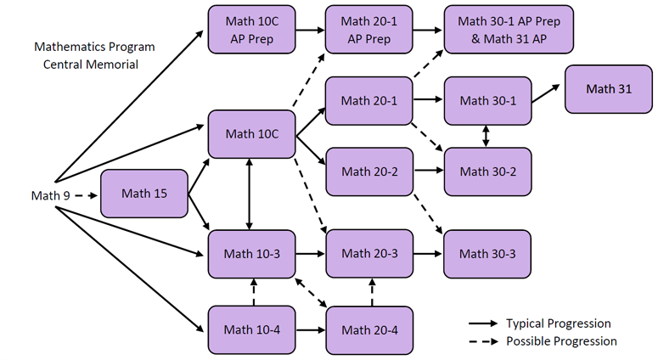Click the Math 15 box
tap(143, 194)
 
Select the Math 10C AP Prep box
tap(251, 30)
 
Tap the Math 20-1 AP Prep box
tap(368, 30)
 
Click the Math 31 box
tap(608, 88)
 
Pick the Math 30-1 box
tap(486, 101)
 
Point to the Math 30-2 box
tap(486, 172)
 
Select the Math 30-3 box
tap(486, 253)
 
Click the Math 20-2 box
tap(368, 172)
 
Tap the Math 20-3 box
tap(368, 253)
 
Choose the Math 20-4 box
tap(368, 329)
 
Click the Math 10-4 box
tap(251, 329)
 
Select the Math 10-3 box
tap(251, 253)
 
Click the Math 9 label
tap(50, 196)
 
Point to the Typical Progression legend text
tap(558, 323)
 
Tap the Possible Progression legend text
tap(561, 341)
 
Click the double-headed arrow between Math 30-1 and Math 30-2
tap(486, 136)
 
